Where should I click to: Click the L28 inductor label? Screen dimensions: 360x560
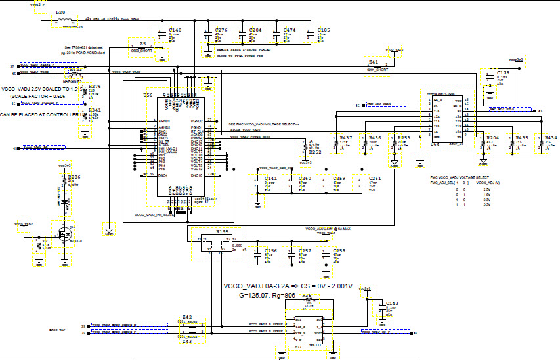(x=60, y=12)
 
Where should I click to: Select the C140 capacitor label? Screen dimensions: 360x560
(x=175, y=30)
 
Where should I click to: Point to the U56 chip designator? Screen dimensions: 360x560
(x=148, y=95)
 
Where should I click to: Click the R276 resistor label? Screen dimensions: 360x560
(x=95, y=87)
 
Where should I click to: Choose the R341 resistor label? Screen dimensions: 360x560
(x=95, y=110)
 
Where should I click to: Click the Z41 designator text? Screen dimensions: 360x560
(x=373, y=62)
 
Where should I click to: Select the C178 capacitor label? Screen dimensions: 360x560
(x=503, y=72)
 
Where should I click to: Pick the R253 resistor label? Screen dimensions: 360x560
(x=404, y=137)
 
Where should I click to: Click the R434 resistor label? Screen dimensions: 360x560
(x=551, y=137)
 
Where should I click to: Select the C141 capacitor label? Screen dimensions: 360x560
(x=270, y=178)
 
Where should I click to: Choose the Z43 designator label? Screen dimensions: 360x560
(x=187, y=342)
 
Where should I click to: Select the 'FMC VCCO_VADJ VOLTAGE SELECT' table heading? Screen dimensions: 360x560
(x=460, y=178)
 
